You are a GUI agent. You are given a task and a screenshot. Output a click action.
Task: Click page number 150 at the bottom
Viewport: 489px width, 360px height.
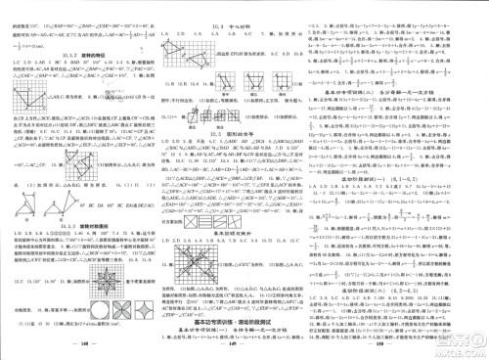pyautogui.click(x=405, y=344)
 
